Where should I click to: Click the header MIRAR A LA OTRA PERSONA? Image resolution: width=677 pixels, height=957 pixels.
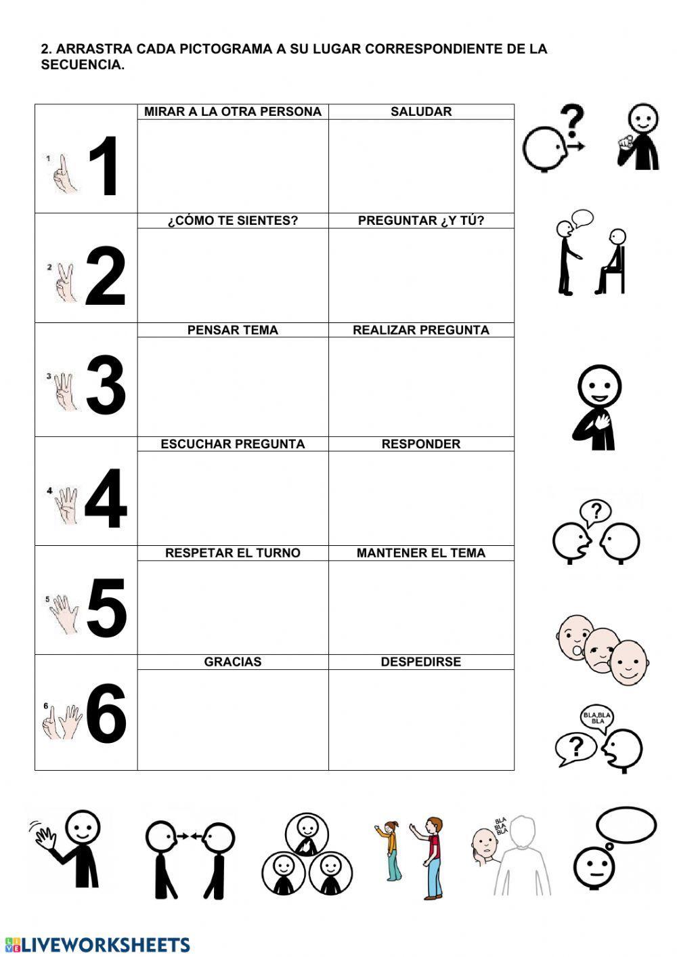(233, 112)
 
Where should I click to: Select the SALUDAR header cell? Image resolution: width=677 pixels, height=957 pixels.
(421, 112)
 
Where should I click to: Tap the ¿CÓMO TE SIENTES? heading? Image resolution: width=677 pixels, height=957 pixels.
(233, 221)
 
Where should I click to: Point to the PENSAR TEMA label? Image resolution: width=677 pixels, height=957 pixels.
(233, 331)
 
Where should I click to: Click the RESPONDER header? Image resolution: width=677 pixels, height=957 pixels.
(421, 444)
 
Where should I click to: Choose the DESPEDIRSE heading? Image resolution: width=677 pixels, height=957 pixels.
(421, 662)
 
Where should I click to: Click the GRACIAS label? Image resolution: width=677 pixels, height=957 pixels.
(233, 662)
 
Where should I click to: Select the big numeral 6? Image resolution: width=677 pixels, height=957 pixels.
(106, 713)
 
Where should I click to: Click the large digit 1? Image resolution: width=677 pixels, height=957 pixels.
(105, 167)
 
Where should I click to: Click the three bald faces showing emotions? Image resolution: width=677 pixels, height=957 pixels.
(602, 650)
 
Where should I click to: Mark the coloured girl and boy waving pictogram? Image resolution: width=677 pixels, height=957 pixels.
(410, 857)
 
